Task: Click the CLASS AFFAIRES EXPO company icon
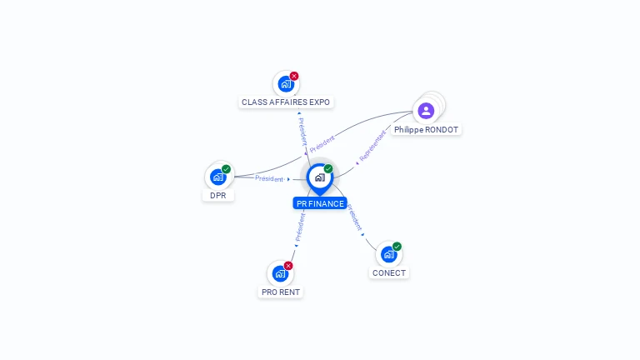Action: pos(286,84)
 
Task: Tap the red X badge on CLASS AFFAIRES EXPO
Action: pos(294,76)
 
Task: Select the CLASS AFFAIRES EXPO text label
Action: pos(286,102)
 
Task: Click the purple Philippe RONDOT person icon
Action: pos(426,111)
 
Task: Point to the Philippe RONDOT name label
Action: pos(426,130)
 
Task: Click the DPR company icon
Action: pos(218,177)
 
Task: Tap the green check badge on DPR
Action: pos(226,169)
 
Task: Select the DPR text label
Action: pos(218,196)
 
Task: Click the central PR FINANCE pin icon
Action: pos(320,179)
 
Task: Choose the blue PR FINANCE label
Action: pos(320,203)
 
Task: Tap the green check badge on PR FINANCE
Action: pos(328,168)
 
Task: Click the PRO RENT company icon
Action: pos(280,273)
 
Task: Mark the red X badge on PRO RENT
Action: pos(288,266)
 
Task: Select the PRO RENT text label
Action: pos(281,292)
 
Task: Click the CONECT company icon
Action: pos(388,254)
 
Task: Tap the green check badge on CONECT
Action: pos(397,247)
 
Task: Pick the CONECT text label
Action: pos(389,273)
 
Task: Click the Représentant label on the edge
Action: pos(372,146)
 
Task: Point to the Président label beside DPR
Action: pos(269,178)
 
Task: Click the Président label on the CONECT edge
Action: pos(355,217)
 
